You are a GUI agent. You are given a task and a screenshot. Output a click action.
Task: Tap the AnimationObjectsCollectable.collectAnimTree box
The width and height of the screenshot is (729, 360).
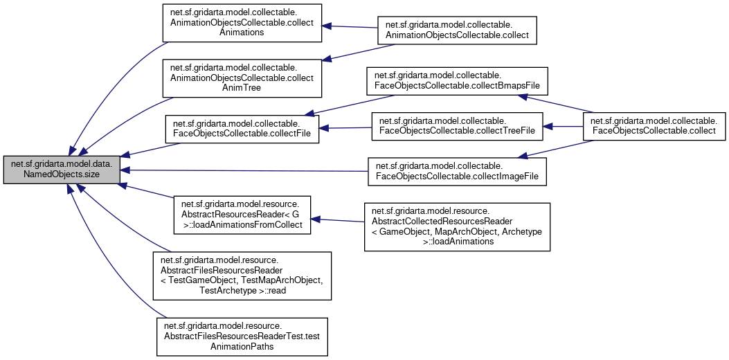(x=242, y=78)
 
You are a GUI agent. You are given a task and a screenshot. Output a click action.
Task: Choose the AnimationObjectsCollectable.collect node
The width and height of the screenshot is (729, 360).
(x=457, y=28)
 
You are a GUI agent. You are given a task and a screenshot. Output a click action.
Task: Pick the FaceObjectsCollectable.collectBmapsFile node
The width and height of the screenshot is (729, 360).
(x=458, y=81)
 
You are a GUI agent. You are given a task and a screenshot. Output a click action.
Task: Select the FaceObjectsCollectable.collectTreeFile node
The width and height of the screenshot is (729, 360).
(x=458, y=127)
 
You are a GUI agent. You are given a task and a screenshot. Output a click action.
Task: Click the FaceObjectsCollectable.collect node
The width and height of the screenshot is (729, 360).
(x=654, y=127)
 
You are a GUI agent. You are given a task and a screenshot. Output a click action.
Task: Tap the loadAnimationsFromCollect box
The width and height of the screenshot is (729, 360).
(x=242, y=215)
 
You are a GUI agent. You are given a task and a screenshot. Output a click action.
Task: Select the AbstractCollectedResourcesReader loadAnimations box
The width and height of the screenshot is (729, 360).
(x=457, y=226)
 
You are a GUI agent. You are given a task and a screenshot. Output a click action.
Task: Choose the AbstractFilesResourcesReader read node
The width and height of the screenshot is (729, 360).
(x=242, y=276)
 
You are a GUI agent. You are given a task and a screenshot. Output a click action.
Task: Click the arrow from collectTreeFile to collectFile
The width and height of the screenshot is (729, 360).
(x=345, y=128)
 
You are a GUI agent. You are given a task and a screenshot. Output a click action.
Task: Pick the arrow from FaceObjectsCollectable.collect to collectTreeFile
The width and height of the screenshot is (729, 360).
(x=564, y=127)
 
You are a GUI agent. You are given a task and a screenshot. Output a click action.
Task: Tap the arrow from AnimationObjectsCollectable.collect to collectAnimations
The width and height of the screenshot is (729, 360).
(x=349, y=26)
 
